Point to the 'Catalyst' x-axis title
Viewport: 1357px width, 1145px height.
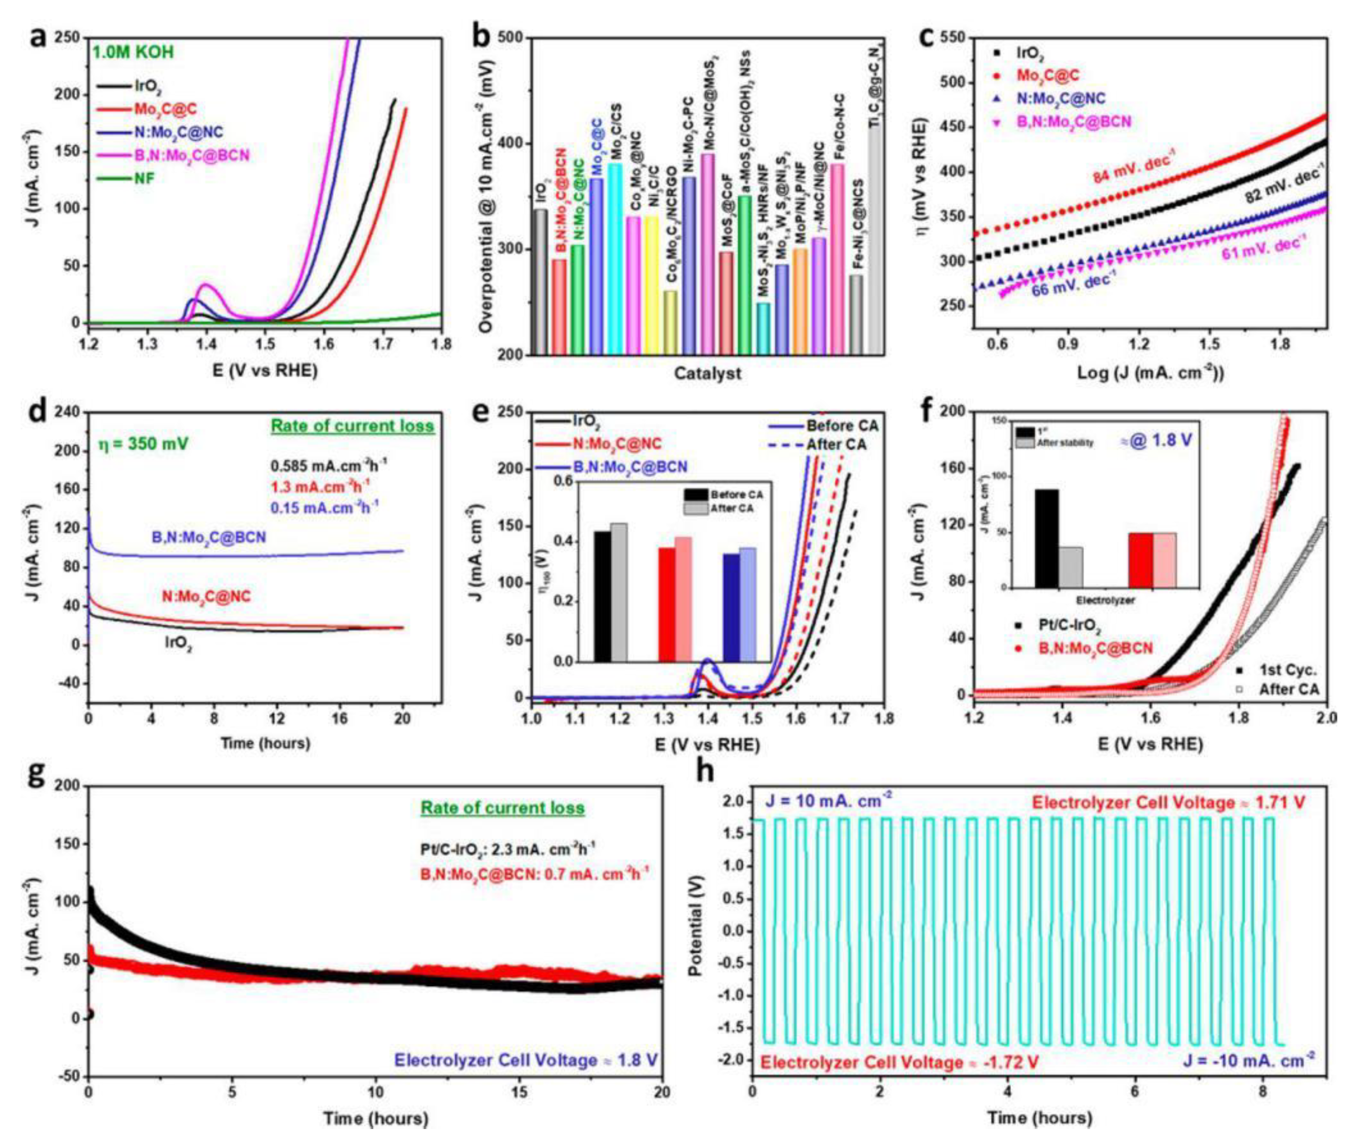click(707, 373)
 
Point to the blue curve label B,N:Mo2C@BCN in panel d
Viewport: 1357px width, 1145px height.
click(208, 538)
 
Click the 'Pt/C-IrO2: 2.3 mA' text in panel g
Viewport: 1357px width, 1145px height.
click(506, 848)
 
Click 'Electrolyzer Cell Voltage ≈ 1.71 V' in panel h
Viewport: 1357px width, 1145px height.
click(1168, 803)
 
